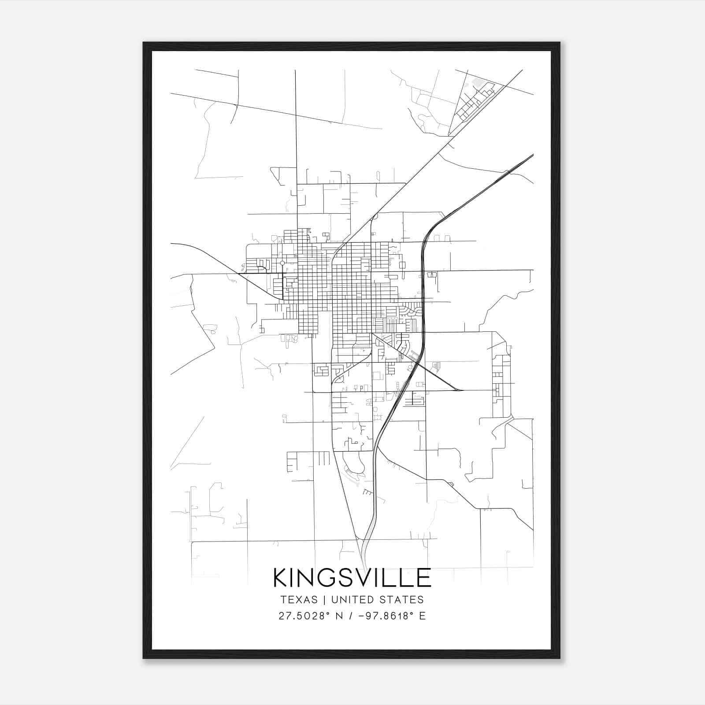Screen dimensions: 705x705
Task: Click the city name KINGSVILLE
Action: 352,578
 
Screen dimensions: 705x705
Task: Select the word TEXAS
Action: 299,600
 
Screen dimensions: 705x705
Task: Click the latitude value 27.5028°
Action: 304,616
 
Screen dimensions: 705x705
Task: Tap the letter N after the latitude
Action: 339,616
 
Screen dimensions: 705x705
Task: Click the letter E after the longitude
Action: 422,616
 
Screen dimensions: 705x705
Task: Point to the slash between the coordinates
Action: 350,616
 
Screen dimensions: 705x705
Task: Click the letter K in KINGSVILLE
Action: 281,578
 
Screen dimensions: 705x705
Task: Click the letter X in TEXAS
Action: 298,600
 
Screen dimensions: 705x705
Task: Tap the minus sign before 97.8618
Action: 361,616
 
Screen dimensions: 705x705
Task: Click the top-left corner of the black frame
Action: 144,43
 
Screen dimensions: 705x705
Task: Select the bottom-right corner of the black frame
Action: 559,658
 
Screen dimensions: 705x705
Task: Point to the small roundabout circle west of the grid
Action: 282,263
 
